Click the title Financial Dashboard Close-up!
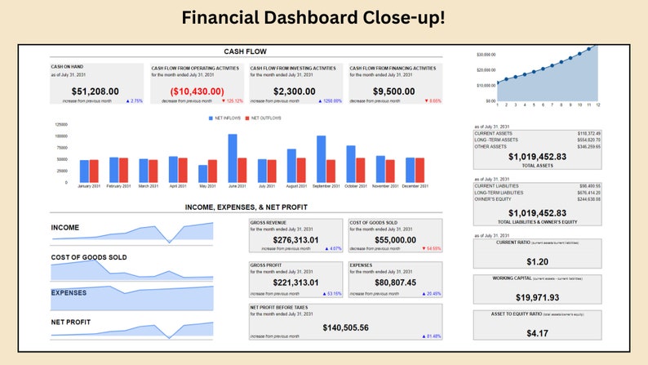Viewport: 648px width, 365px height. (x=324, y=17)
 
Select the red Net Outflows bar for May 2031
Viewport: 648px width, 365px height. (x=212, y=171)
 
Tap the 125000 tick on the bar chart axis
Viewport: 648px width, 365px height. (x=61, y=124)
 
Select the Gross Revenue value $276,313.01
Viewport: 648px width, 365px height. (x=295, y=239)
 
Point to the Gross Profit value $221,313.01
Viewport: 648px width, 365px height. (x=295, y=283)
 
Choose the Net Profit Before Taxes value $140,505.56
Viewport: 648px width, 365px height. (x=345, y=327)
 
